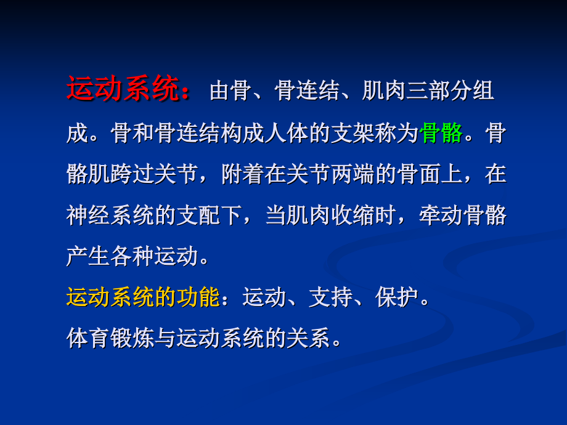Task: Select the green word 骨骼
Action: pos(441,132)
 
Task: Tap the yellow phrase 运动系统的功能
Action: pos(143,297)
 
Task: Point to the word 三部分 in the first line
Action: pos(439,91)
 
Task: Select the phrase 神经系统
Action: pos(110,215)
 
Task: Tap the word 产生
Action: pos(88,256)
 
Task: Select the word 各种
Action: pos(132,256)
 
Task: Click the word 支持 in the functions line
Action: pos(331,297)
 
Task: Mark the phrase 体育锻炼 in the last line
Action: pos(110,339)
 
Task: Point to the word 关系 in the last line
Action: pos(308,339)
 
